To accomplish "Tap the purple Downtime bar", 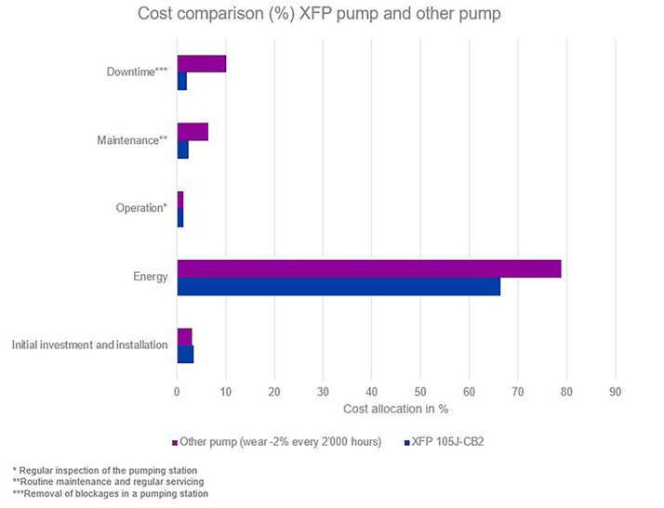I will click(201, 64).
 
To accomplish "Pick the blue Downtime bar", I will click(181, 81).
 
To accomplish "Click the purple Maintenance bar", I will click(193, 132).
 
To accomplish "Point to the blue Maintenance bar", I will click(182, 150).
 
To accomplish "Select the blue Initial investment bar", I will click(185, 354).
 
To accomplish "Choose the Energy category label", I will click(151, 277).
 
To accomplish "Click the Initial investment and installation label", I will click(90, 345).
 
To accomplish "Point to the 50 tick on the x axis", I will click(420, 392).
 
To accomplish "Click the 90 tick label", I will click(615, 392).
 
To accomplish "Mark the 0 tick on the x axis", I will click(177, 392).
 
